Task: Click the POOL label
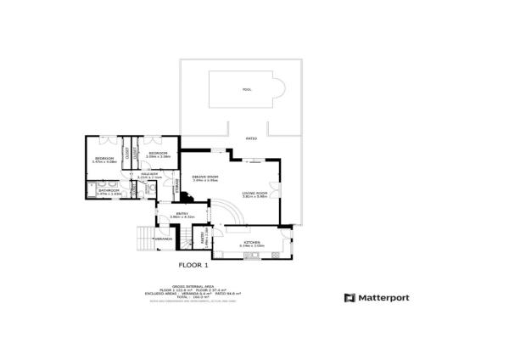[247, 89]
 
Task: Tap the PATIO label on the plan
[251, 138]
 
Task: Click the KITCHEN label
[253, 243]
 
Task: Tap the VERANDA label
[163, 239]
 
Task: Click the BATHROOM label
[109, 191]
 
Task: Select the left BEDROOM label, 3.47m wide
[104, 158]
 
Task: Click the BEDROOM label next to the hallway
[158, 154]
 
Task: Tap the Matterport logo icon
[349, 298]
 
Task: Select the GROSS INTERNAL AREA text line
[193, 286]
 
